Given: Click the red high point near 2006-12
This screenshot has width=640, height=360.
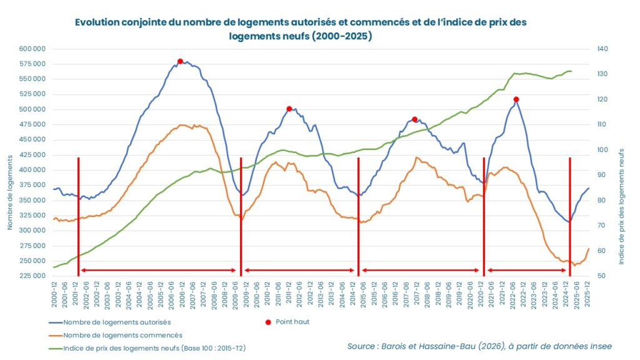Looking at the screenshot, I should (x=180, y=61).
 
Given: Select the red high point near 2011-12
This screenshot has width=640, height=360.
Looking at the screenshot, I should (x=289, y=109).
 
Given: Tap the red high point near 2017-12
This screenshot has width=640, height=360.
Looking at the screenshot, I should (x=414, y=119).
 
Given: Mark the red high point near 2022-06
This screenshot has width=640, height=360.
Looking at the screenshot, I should (x=516, y=99).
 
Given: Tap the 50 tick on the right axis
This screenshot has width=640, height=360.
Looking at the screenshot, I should (x=602, y=276).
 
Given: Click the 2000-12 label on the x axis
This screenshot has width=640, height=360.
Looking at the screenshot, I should (x=54, y=294).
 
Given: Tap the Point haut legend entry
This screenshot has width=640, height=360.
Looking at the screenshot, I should (x=292, y=322).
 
